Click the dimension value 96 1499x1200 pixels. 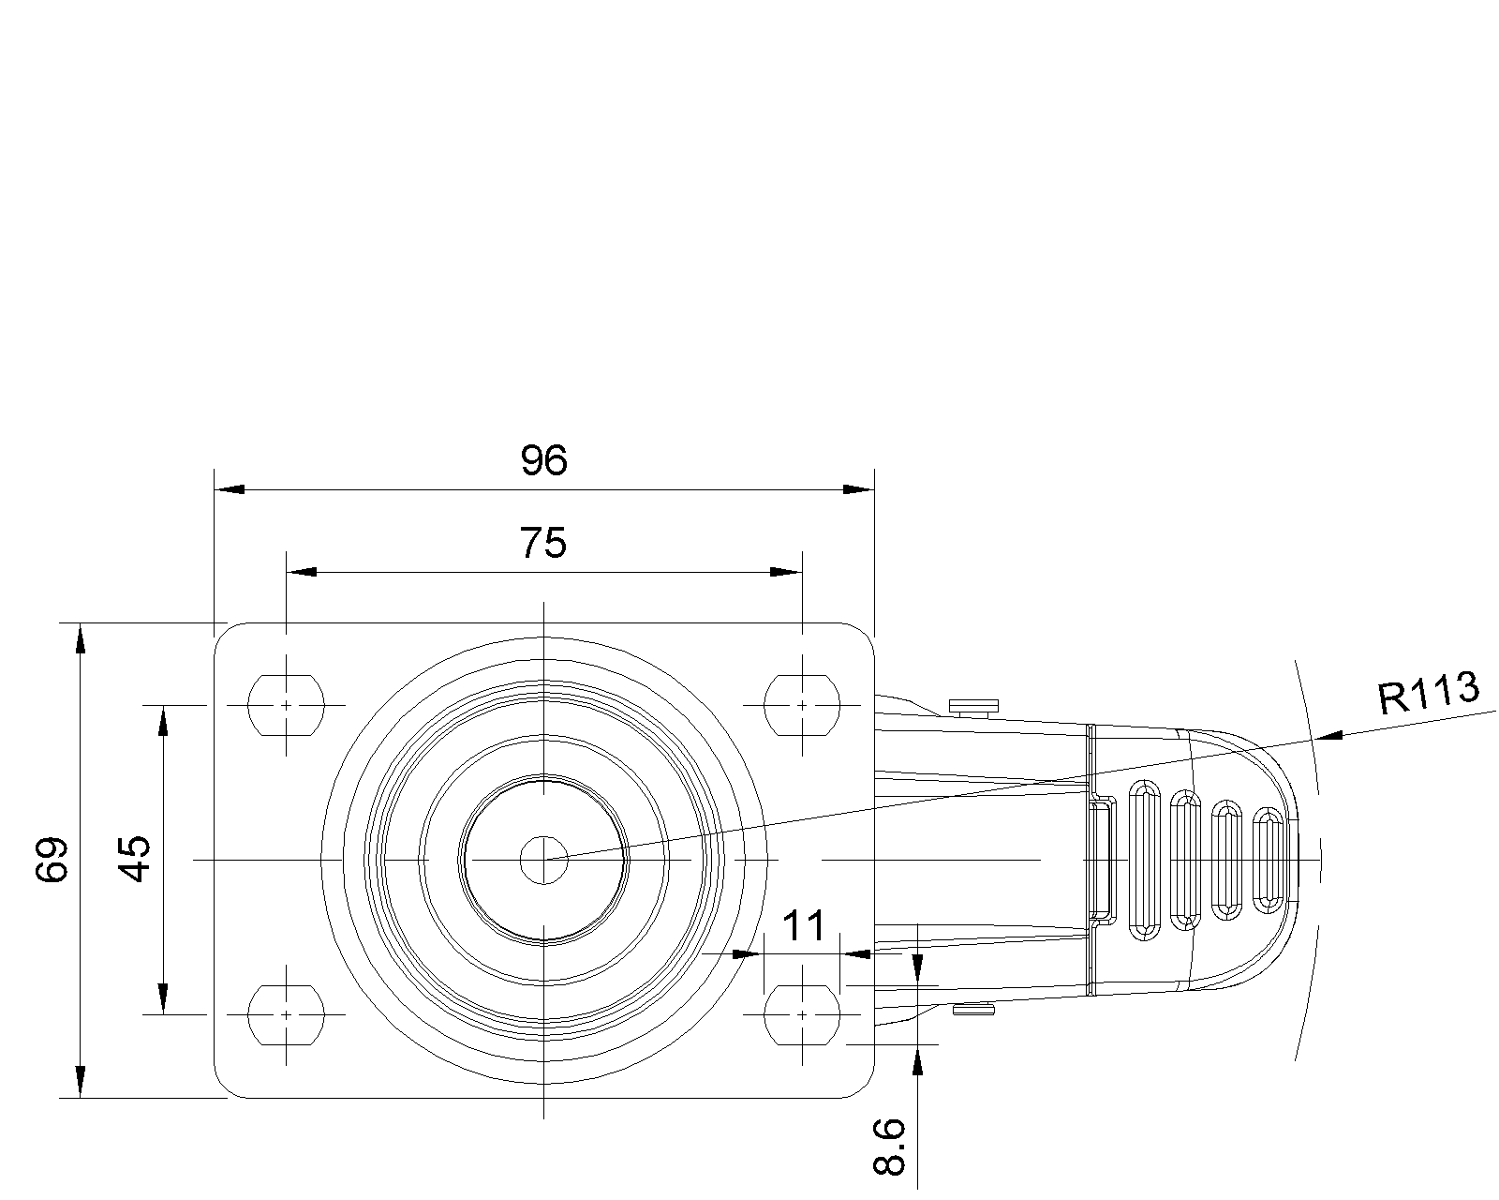coord(544,460)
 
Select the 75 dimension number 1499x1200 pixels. coord(543,543)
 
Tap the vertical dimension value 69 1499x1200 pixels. coord(53,860)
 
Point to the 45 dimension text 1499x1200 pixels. coord(135,859)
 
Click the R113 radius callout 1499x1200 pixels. coord(1429,693)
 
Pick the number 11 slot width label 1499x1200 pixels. coord(804,926)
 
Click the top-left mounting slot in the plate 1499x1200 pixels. coord(287,706)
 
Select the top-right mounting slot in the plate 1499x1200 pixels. coord(803,706)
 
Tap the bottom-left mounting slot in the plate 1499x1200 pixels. coord(287,1015)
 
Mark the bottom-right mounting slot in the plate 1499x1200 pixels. coord(803,1015)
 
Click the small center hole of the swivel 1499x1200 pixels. coord(544,861)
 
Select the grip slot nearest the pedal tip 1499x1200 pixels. coord(1269,861)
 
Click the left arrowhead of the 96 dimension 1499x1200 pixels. coord(230,489)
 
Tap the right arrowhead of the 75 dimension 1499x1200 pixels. coord(786,572)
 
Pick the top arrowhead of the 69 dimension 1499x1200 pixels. coord(81,639)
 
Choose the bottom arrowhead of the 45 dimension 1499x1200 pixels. coord(163,998)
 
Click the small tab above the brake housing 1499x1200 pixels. coord(973,707)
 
